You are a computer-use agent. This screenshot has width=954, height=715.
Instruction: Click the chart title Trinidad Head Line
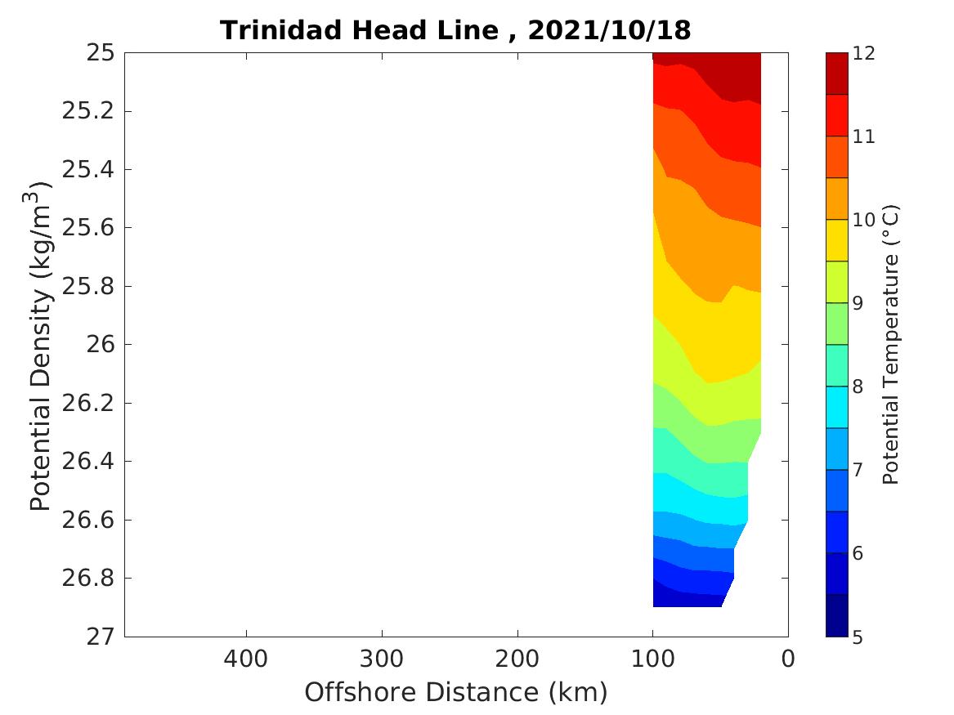359,30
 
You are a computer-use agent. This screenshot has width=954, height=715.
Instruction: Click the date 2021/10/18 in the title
610,30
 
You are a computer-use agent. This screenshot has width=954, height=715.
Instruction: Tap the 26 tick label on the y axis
96,345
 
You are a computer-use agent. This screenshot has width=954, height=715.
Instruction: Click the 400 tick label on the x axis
246,658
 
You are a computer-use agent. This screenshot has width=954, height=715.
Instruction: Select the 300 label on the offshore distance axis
382,658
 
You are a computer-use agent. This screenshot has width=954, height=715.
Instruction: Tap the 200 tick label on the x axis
517,658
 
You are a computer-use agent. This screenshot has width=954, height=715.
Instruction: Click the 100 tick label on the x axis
652,658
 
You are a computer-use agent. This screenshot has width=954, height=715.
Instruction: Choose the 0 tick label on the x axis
788,658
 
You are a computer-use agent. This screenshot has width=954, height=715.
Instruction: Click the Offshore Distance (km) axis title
456,693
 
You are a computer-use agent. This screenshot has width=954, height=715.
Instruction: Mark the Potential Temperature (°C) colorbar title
892,345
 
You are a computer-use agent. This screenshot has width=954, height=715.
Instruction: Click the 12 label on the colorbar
864,54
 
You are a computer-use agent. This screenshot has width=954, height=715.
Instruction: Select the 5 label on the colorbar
858,637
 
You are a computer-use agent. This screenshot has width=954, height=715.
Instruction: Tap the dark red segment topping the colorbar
836,74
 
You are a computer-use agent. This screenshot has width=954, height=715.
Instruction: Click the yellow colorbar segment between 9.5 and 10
836,240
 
